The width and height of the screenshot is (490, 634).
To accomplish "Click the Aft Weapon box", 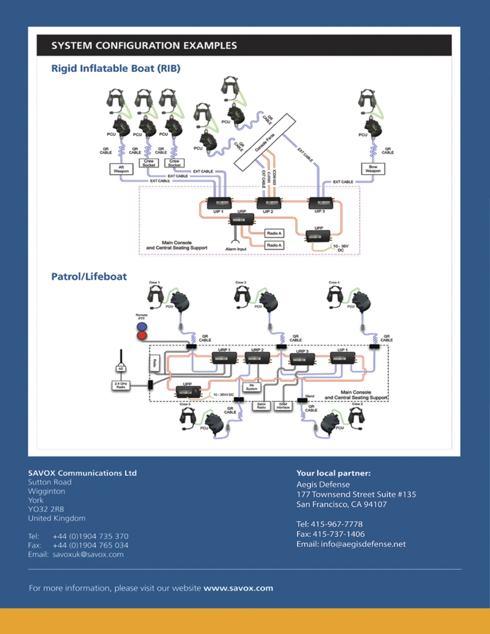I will click(x=121, y=169).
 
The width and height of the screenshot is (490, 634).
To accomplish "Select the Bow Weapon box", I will click(x=373, y=168).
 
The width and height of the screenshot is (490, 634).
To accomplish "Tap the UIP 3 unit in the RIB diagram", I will click(x=321, y=203).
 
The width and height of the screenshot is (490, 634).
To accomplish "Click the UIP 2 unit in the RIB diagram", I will click(x=268, y=203).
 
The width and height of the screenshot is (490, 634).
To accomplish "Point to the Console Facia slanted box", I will click(x=265, y=141).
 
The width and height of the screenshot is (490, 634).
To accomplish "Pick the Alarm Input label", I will click(x=236, y=249).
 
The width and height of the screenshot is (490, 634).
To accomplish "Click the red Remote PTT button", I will click(x=142, y=335).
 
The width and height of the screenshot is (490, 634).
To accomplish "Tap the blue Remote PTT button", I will click(x=142, y=326).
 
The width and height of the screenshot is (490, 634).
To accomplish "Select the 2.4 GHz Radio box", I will click(x=121, y=385).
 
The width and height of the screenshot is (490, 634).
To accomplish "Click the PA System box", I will click(x=252, y=387).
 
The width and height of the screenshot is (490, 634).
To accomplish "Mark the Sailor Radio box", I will click(x=261, y=406).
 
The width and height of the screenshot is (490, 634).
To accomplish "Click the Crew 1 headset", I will click(x=155, y=296).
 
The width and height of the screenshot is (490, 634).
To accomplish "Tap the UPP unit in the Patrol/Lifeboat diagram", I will click(x=188, y=392).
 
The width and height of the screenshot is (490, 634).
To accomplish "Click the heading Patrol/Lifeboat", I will click(x=89, y=277).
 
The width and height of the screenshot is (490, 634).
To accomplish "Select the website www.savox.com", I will click(x=238, y=588).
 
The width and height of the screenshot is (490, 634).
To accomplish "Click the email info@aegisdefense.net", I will click(x=363, y=544).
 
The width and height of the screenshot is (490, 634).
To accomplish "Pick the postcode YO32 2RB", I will click(x=46, y=509).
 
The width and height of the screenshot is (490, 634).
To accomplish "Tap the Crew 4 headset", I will click(x=335, y=296).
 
